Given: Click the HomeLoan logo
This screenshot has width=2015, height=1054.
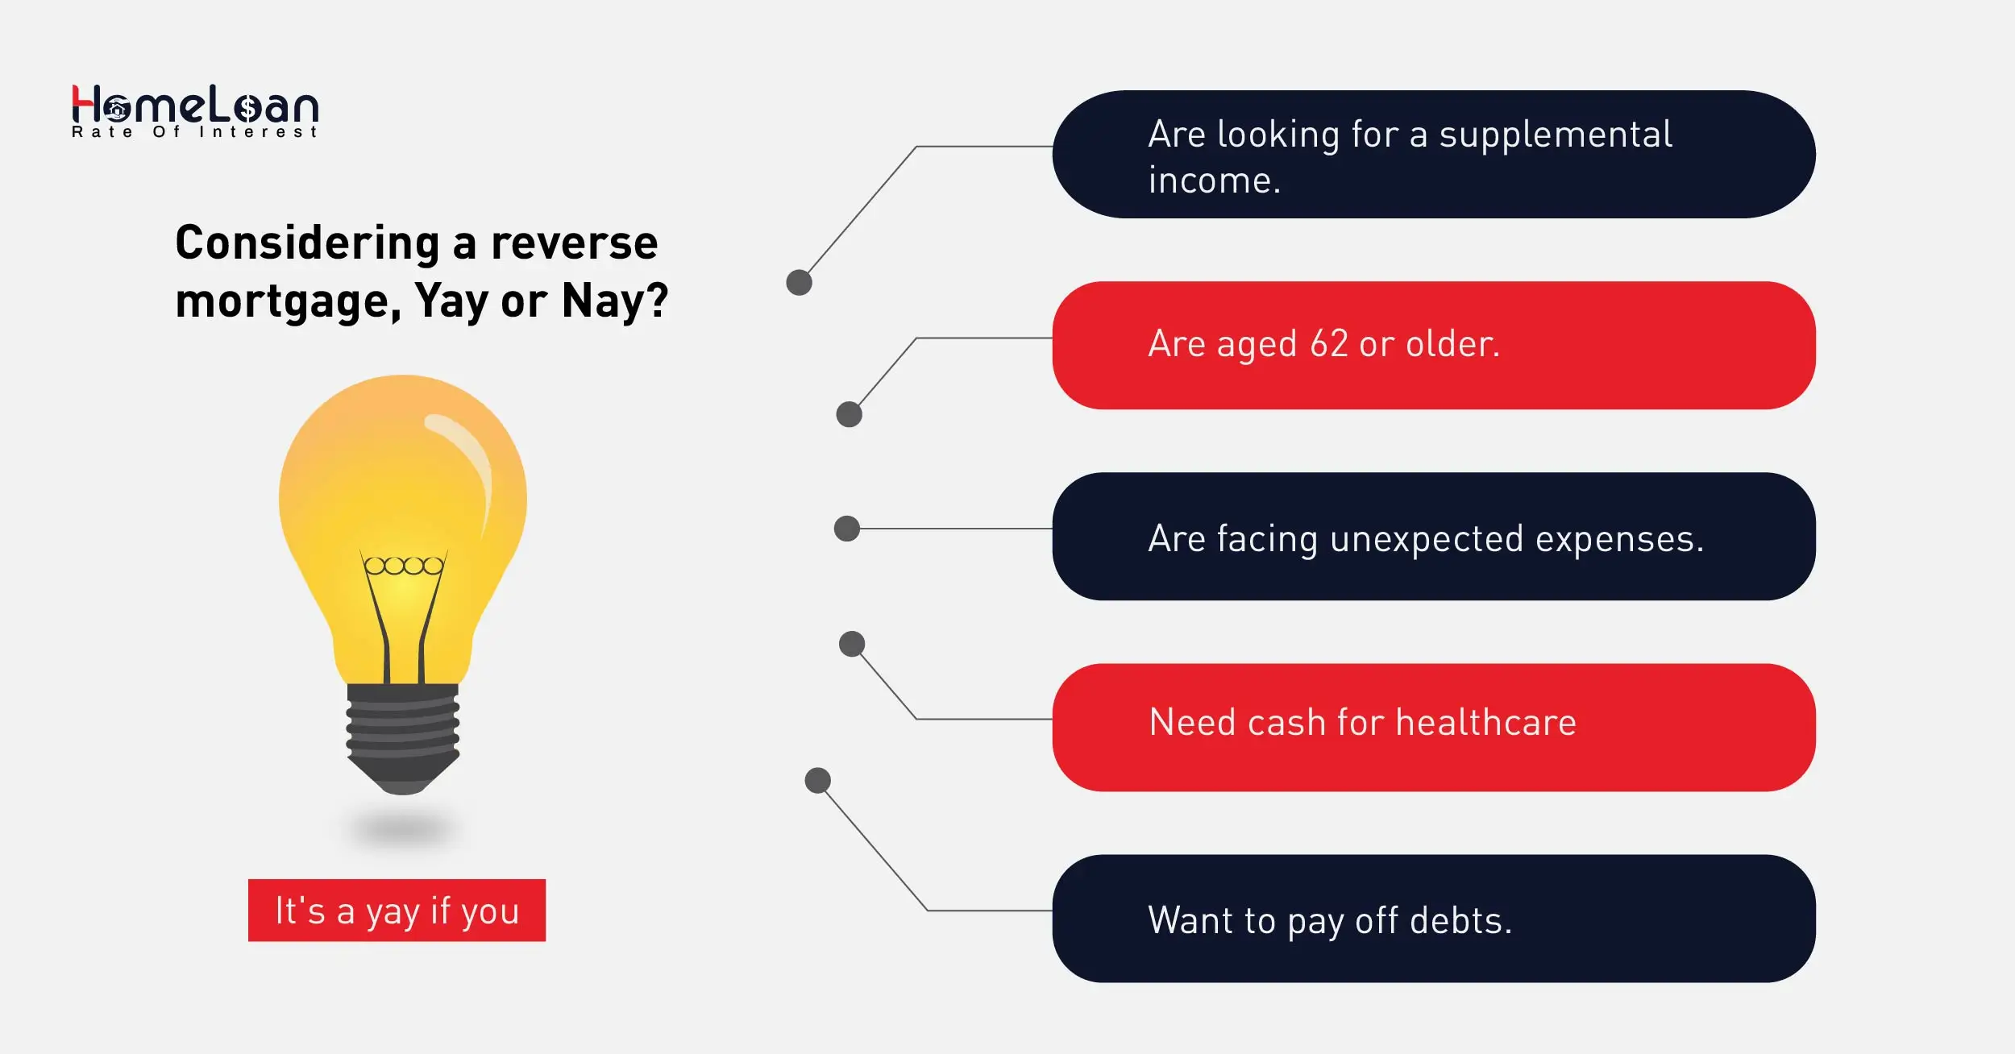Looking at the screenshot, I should (195, 111).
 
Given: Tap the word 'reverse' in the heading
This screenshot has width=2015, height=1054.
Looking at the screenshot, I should (574, 243).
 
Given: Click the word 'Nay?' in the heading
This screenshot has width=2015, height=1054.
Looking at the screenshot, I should (615, 301).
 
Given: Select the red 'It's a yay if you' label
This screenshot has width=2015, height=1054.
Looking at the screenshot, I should (397, 911).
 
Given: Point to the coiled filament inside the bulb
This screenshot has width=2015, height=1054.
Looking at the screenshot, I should (403, 566).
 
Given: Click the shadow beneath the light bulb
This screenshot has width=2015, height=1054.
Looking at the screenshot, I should (403, 828).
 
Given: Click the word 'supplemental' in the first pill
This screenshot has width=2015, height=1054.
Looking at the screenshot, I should (1556, 135).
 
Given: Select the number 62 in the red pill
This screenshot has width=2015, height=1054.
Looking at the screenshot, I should (1328, 344).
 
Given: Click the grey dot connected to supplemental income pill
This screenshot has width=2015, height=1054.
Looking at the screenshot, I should (799, 283).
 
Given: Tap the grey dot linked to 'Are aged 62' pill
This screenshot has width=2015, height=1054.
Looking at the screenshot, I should (849, 414).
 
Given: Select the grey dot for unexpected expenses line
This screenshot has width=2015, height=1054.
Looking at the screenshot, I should (846, 529).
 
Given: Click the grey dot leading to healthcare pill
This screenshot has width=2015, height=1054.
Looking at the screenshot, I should (852, 644).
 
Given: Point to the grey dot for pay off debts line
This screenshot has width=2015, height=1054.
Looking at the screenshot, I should (817, 780).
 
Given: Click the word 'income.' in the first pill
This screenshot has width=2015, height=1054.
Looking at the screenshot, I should (1214, 181).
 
